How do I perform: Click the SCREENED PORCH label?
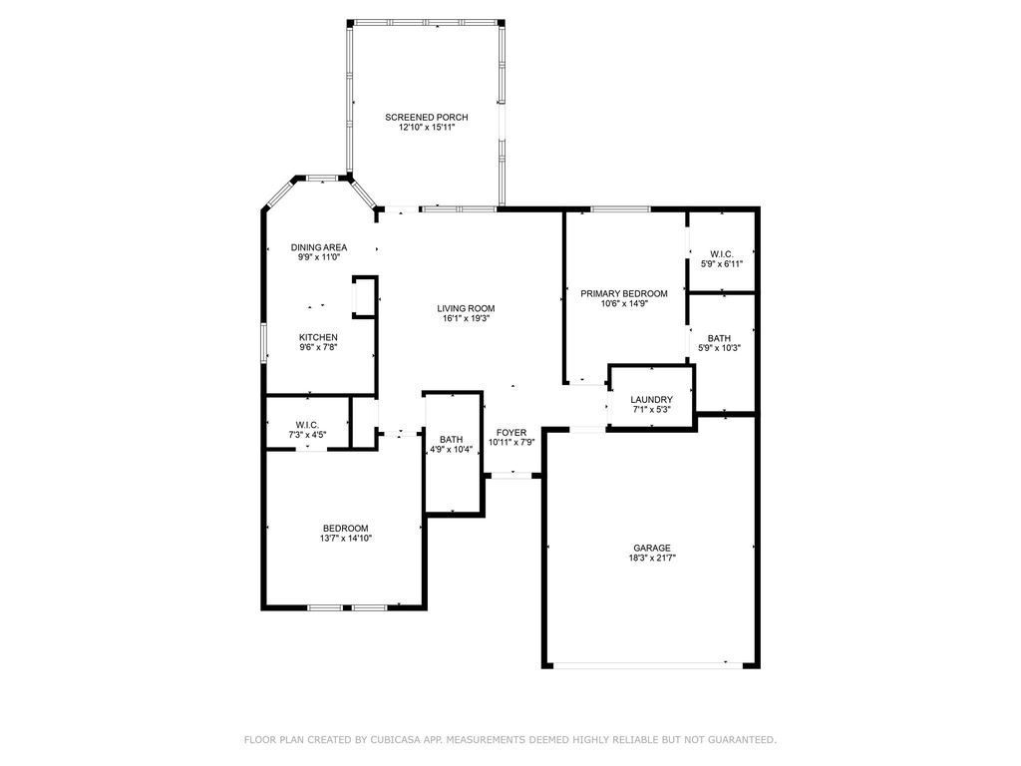427,118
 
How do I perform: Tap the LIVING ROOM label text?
466,309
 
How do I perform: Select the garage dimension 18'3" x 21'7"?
652,559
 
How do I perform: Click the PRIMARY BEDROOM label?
624,294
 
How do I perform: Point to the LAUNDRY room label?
651,400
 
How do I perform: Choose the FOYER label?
511,433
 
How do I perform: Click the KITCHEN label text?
318,337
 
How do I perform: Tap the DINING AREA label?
318,247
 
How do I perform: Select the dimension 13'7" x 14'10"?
346,539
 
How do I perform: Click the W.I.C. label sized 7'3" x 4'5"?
307,425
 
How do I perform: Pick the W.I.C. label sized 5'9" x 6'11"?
722,254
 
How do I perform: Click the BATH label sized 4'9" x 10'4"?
452,440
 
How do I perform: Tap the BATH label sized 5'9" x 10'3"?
719,339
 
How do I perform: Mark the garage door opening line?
648,665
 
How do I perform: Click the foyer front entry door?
511,476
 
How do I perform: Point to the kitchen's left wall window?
263,343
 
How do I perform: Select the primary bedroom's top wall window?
620,209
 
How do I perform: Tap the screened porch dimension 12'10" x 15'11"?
427,128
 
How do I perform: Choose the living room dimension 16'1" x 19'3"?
466,319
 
